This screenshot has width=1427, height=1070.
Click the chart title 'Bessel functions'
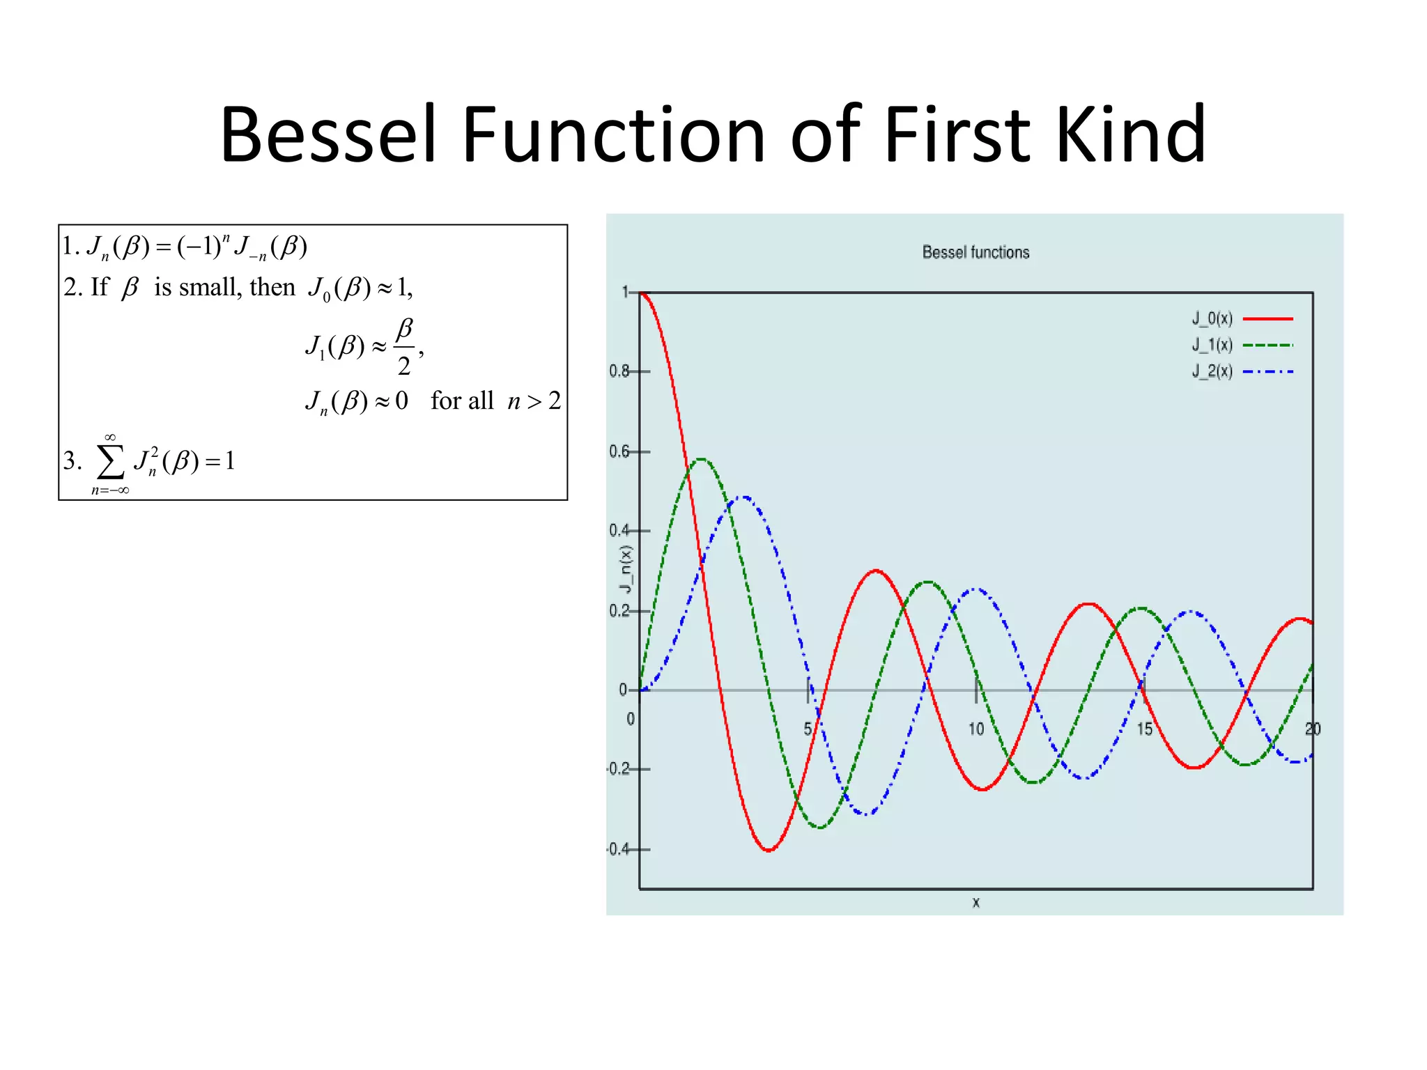pyautogui.click(x=975, y=252)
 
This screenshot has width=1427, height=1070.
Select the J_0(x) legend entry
pyautogui.click(x=1212, y=318)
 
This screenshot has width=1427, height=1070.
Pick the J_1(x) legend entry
pyautogui.click(x=1212, y=345)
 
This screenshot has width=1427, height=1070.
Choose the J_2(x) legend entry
pyautogui.click(x=1212, y=371)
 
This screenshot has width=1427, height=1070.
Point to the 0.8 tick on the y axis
pyautogui.click(x=619, y=371)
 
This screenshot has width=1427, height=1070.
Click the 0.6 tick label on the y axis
pyautogui.click(x=619, y=451)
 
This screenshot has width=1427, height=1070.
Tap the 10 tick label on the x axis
pyautogui.click(x=975, y=729)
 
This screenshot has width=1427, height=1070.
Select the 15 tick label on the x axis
pyautogui.click(x=1145, y=729)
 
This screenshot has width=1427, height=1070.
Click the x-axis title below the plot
pyautogui.click(x=975, y=903)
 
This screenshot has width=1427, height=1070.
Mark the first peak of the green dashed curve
pyautogui.click(x=702, y=459)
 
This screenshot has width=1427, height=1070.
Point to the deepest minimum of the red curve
pyautogui.click(x=769, y=850)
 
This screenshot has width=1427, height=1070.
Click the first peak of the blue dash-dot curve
pyautogui.click(x=744, y=497)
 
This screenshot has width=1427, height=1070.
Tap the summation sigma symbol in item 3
pyautogui.click(x=111, y=461)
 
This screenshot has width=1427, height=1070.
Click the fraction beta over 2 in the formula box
pyautogui.click(x=404, y=347)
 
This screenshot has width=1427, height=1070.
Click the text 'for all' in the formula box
pyautogui.click(x=462, y=401)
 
